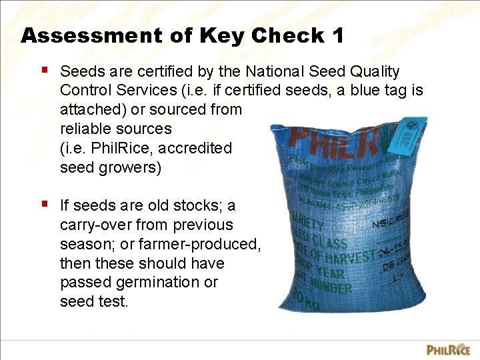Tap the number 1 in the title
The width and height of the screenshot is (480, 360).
(x=337, y=35)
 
